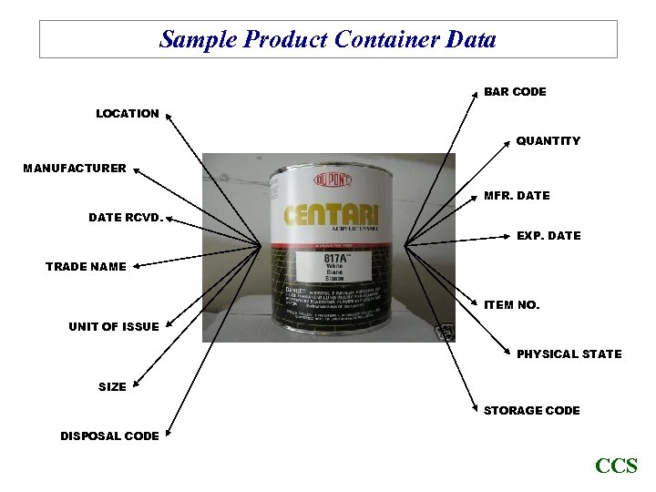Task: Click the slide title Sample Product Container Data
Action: (328, 40)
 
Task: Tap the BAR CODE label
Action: (515, 92)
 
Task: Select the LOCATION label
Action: (128, 114)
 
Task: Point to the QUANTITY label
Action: (548, 141)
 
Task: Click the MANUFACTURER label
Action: (75, 169)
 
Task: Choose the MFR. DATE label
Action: (517, 196)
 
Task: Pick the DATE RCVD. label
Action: (127, 218)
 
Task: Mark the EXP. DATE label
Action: (548, 236)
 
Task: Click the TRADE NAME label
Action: (86, 267)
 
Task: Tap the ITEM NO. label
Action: (511, 305)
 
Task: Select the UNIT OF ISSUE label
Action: (113, 327)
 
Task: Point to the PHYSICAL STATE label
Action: (569, 354)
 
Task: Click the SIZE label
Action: (112, 387)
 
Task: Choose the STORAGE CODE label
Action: (531, 411)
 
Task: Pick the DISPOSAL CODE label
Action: (109, 436)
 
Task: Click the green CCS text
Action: (616, 466)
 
